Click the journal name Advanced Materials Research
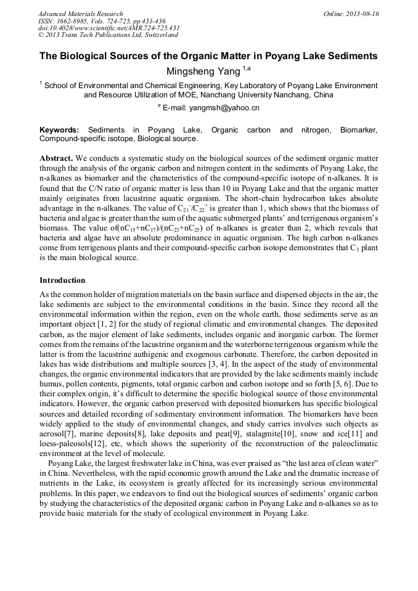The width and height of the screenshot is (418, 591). [80, 14]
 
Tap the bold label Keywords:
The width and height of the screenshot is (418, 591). [59, 130]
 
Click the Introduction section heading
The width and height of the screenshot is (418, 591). [62, 280]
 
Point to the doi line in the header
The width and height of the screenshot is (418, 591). [109, 28]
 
